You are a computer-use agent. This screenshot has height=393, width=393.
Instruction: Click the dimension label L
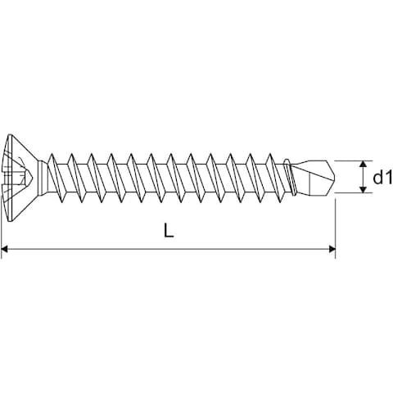pos(169,230)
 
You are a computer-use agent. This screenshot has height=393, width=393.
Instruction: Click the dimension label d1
pos(382,177)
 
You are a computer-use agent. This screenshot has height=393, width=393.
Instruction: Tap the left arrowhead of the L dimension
pos(5,249)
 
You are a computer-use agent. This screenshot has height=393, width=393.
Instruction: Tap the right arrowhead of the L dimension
pos(332,249)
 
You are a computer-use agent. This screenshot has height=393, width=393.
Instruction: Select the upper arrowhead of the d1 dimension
pos(363,165)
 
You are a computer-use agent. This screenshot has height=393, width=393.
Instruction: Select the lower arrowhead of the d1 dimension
pos(363,189)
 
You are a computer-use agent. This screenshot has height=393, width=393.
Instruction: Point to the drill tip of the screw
pos(314,177)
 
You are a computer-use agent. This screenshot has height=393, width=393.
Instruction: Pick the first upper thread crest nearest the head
pos(52,155)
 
